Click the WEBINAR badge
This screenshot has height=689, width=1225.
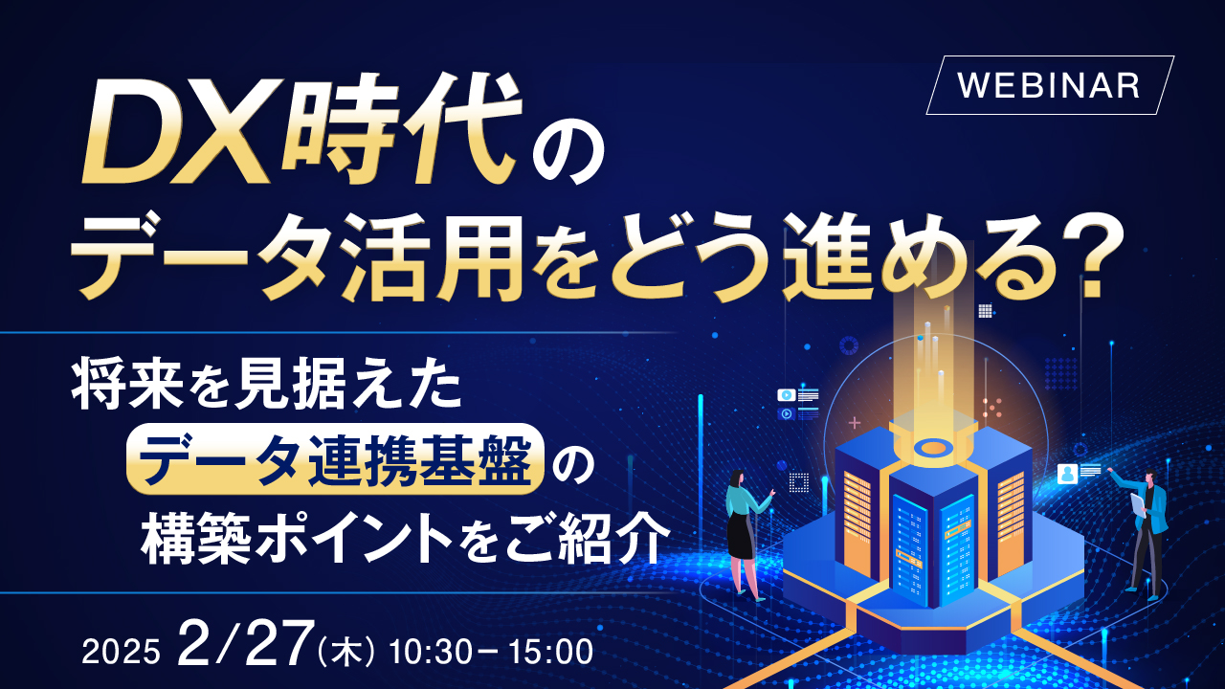click(1049, 85)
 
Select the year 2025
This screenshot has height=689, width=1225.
click(120, 653)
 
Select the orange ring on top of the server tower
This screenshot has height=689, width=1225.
click(933, 447)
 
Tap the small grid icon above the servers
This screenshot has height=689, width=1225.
click(985, 310)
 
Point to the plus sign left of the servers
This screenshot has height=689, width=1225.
click(855, 421)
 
